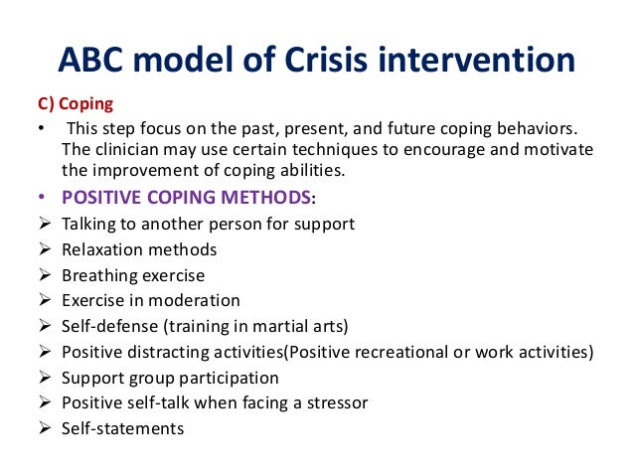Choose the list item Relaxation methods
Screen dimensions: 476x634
click(x=139, y=249)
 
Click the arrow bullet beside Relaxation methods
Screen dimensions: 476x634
click(x=44, y=249)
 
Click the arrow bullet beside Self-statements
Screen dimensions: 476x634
click(x=44, y=429)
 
